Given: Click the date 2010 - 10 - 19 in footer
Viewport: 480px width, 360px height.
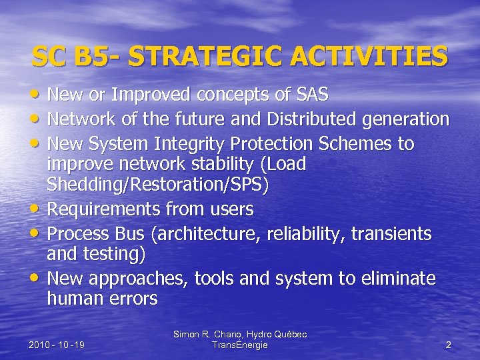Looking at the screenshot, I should (56, 345).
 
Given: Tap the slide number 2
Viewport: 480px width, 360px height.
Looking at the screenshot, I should (448, 345).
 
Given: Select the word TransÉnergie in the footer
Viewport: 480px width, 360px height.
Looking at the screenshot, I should (239, 345).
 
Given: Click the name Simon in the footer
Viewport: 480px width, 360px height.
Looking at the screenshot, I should (187, 333).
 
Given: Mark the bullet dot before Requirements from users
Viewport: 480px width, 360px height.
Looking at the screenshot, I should (35, 210).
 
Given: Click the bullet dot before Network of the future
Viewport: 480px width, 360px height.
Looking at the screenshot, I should (35, 120).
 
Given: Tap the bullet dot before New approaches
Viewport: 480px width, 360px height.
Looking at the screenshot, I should (35, 279).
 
